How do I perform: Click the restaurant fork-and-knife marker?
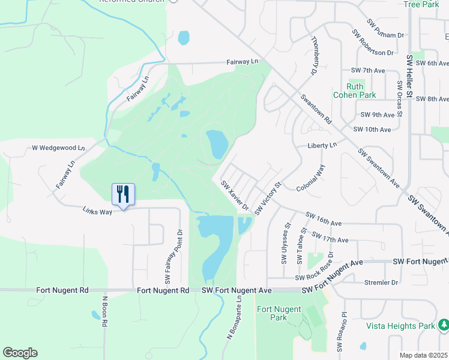click(123, 194)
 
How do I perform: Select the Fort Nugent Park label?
click(271, 313)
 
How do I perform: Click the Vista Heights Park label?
click(400, 326)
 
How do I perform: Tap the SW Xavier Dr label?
click(235, 196)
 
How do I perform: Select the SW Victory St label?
click(268, 199)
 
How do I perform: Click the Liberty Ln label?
click(322, 145)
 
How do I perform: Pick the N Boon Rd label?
click(104, 311)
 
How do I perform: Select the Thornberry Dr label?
click(313, 56)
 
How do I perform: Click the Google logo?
click(20, 353)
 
